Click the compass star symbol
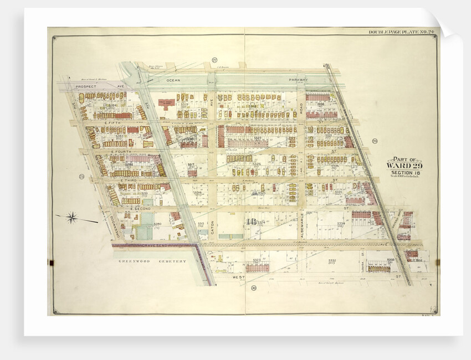71,217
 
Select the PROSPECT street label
86,87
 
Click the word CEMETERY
170,260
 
